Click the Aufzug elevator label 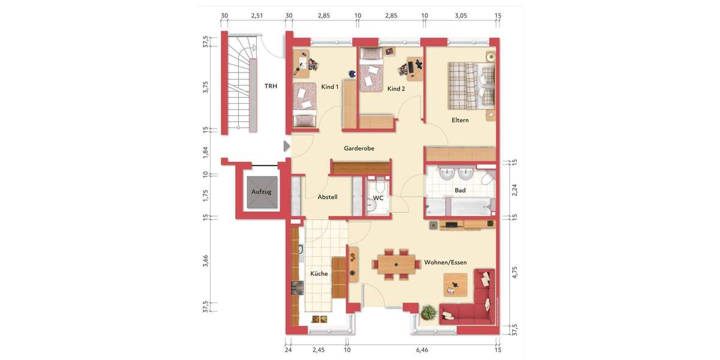(x=261, y=192)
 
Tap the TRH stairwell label (x=271, y=86)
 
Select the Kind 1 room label (x=330, y=87)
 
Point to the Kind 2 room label (x=396, y=89)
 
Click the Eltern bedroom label (x=460, y=120)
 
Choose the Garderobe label (x=359, y=148)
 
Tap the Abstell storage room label (x=328, y=197)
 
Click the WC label (x=378, y=197)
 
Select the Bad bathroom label (x=460, y=190)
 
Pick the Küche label (x=319, y=274)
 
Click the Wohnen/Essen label (x=445, y=262)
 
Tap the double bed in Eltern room (x=471, y=87)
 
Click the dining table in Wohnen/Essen (x=396, y=263)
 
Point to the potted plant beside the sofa (x=428, y=312)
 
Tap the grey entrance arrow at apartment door (x=286, y=146)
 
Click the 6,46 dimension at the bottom (x=422, y=350)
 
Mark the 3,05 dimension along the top (x=461, y=16)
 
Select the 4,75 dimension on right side (x=514, y=271)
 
